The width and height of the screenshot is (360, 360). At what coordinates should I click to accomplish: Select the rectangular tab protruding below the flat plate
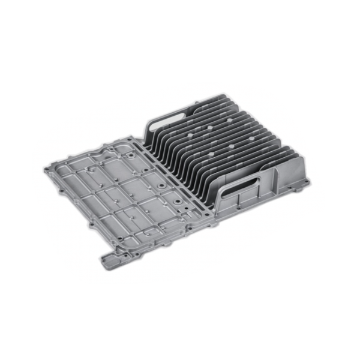click(x=114, y=259)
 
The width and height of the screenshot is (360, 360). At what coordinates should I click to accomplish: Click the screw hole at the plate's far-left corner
click(x=47, y=170)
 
